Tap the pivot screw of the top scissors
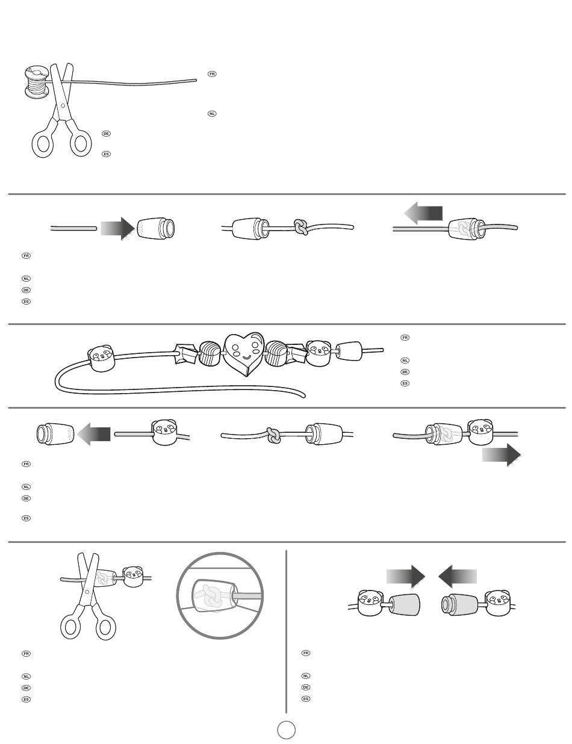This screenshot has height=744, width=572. pos(63,106)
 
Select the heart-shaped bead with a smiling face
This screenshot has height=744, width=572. pos(244,353)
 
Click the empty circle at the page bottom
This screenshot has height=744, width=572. pos(286,730)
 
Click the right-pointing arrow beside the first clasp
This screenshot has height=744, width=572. pos(117,228)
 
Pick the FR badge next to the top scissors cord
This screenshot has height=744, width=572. pos(212,74)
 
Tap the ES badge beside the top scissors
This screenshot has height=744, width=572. pos(106,154)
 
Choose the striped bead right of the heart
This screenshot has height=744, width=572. pos(276,353)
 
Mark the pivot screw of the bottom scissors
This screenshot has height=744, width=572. pos(87,592)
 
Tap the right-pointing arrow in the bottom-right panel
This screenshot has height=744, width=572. pos(406,577)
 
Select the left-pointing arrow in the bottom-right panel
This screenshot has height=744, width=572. pos(458,577)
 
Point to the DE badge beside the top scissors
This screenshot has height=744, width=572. pos(106,134)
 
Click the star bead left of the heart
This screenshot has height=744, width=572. pos(186,354)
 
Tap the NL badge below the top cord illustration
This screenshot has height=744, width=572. pos(212,114)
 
